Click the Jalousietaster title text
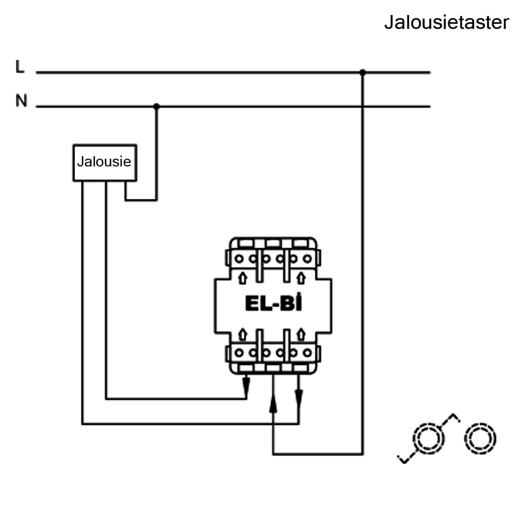click(446, 22)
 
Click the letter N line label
click(21, 101)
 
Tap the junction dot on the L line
click(363, 73)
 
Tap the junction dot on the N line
click(157, 107)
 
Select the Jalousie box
click(105, 163)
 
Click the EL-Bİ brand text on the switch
click(273, 304)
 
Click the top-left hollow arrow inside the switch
click(243, 278)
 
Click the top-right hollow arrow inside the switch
click(301, 278)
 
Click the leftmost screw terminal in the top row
click(239, 259)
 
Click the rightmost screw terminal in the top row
click(308, 259)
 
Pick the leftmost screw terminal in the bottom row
click(239, 353)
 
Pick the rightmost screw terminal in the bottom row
click(308, 353)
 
